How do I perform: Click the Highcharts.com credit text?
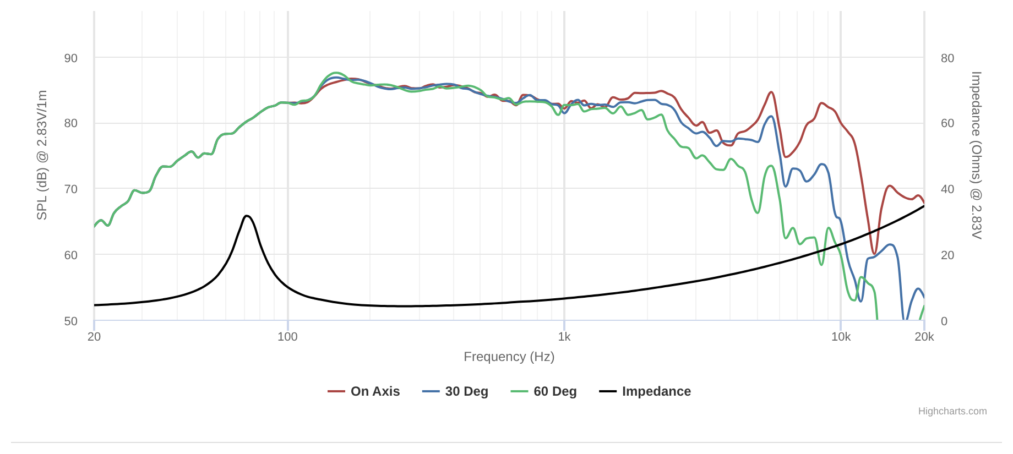pyautogui.click(x=952, y=411)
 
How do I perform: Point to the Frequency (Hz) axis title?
pyautogui.click(x=509, y=357)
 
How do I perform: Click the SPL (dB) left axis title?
pyautogui.click(x=42, y=155)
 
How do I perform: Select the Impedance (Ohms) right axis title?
pyautogui.click(x=976, y=155)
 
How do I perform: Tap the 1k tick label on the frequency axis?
pyautogui.click(x=564, y=337)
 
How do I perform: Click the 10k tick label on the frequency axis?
pyautogui.click(x=841, y=337)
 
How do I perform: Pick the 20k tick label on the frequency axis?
pyautogui.click(x=924, y=337)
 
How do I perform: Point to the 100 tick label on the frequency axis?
pyautogui.click(x=287, y=337)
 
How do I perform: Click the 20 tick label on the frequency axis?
pyautogui.click(x=94, y=337)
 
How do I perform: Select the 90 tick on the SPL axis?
pyautogui.click(x=71, y=58)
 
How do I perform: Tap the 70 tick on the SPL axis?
pyautogui.click(x=71, y=189)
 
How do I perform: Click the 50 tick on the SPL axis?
pyautogui.click(x=71, y=321)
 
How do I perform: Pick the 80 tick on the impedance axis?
pyautogui.click(x=947, y=58)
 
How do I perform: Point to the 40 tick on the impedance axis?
pyautogui.click(x=947, y=189)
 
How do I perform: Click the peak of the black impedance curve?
pyautogui.click(x=247, y=216)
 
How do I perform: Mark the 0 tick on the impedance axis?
pyautogui.click(x=944, y=321)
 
